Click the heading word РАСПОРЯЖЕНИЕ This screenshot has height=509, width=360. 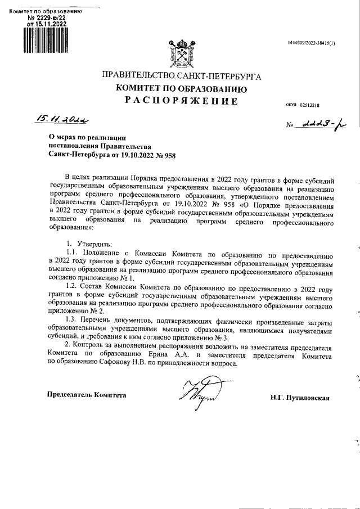coord(181,101)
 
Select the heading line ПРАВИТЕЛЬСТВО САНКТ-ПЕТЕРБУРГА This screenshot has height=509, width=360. coord(181,76)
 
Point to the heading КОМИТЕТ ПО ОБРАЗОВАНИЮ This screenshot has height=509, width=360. coord(181,88)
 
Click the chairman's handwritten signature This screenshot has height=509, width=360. coord(193,391)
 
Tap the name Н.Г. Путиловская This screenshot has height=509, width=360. coord(299,398)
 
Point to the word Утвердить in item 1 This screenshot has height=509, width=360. coord(93,244)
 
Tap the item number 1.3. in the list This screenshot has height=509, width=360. coord(74,320)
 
